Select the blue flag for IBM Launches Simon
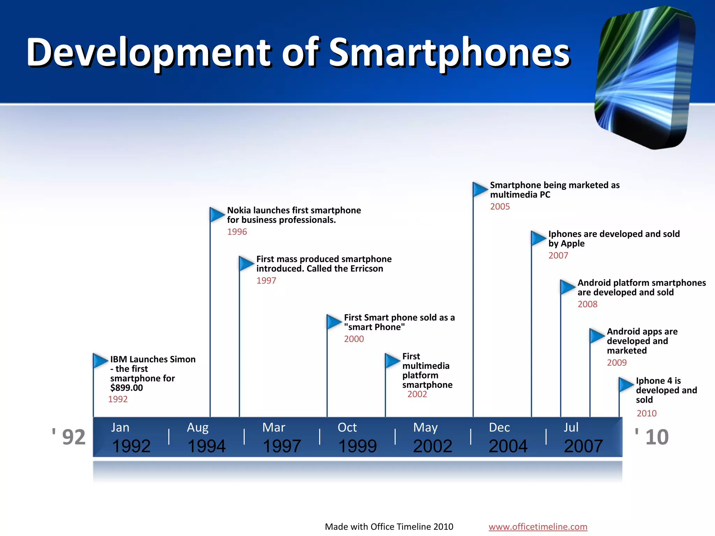(x=100, y=361)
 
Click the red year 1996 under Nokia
(x=237, y=232)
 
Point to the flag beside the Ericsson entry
(x=246, y=263)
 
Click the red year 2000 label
(x=354, y=339)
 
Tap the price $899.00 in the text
(x=126, y=388)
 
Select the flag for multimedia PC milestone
(x=479, y=189)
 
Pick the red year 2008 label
(x=587, y=304)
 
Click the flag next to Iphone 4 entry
(x=625, y=385)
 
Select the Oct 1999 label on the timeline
(x=357, y=438)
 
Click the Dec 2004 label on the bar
(x=508, y=438)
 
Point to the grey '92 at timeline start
(x=69, y=437)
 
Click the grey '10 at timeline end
(x=652, y=437)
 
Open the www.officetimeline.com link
(x=538, y=527)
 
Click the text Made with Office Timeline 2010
(x=389, y=527)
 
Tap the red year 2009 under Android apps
(x=617, y=363)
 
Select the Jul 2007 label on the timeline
(x=583, y=438)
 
